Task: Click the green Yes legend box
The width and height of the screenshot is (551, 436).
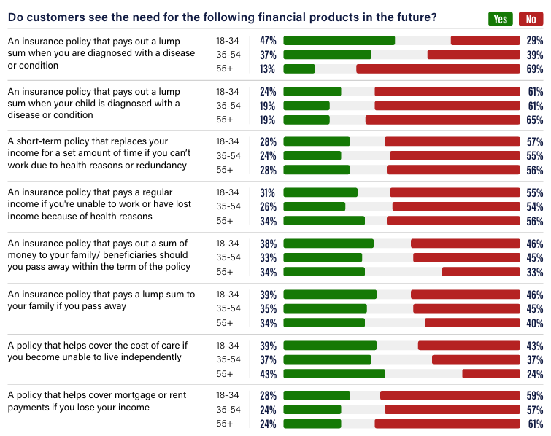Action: point(500,19)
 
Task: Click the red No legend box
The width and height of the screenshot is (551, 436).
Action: point(531,19)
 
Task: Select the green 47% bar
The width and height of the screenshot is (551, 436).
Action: point(339,41)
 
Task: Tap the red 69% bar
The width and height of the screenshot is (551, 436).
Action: point(438,69)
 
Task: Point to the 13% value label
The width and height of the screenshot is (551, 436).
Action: point(268,69)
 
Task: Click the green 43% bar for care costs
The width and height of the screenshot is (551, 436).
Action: point(334,374)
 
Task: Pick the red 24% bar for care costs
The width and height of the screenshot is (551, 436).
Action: point(491,374)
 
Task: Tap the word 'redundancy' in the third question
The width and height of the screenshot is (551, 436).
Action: point(165,165)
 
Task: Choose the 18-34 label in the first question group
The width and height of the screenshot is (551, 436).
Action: point(227,41)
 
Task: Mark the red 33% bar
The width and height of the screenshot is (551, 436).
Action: point(481,272)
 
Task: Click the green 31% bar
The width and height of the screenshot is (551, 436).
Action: point(320,192)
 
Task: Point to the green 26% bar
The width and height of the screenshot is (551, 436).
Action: point(314,206)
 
